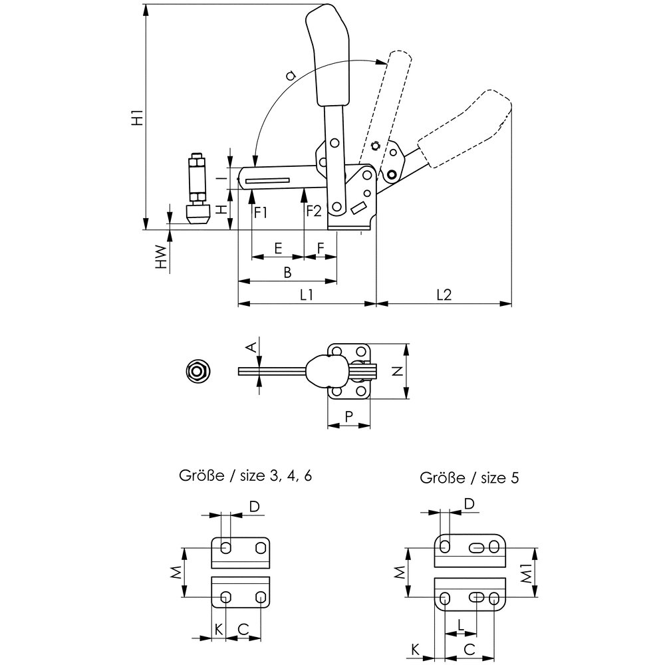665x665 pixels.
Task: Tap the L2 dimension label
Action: [x=444, y=294]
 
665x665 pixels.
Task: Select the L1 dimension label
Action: [x=307, y=294]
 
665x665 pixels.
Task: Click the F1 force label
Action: [x=261, y=212]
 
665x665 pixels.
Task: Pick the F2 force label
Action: [x=314, y=212]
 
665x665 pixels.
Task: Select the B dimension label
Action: [x=287, y=272]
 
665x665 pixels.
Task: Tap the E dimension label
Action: [x=278, y=248]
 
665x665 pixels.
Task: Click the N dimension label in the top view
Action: [x=396, y=372]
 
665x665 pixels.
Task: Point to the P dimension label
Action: [x=348, y=416]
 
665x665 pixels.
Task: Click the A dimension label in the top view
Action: [x=251, y=346]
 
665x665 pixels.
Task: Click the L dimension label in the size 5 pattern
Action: [x=461, y=624]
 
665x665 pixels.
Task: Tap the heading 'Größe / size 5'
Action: [x=469, y=477]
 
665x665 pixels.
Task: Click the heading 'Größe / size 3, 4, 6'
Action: [x=245, y=475]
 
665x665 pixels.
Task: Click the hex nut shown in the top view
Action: [x=197, y=371]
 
